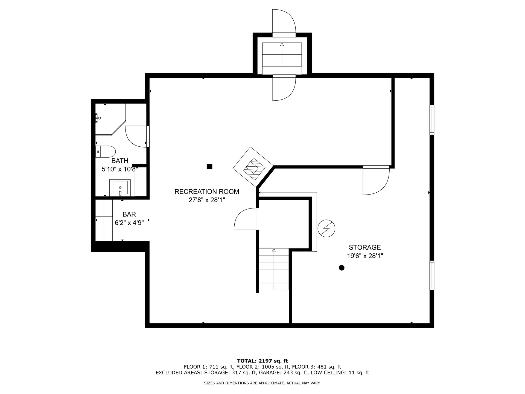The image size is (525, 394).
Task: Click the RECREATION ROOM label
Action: point(207,192)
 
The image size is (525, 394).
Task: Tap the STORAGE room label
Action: point(364,247)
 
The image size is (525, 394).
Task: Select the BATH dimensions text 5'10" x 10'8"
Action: point(119,169)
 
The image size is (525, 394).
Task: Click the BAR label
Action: point(129,214)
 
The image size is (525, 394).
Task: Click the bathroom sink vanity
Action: point(120,188)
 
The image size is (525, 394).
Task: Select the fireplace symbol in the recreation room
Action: point(253,167)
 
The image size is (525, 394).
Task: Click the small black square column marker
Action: point(209,166)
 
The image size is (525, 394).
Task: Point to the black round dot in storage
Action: point(342,268)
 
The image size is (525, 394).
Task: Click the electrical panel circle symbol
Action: point(326,228)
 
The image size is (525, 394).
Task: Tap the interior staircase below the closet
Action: point(274,269)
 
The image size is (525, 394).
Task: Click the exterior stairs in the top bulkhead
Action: point(282,58)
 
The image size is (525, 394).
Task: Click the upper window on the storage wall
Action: point(432,120)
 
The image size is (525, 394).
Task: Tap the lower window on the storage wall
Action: point(432,275)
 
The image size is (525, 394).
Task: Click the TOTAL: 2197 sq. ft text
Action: point(262,361)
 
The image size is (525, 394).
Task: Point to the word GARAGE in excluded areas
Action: point(269,373)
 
